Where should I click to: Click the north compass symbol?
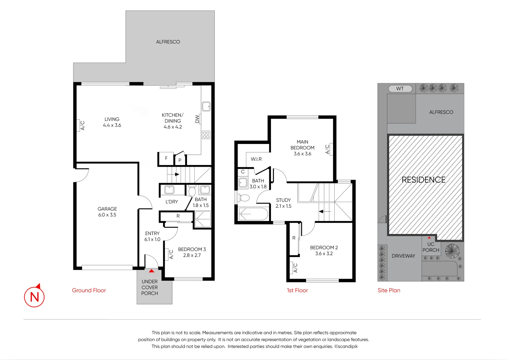[34, 296]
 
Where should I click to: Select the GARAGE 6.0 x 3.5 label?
[107, 212]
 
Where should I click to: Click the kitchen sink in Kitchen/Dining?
[206, 107]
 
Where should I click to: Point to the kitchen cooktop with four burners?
[206, 135]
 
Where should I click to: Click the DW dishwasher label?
[197, 119]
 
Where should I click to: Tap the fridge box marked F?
[166, 159]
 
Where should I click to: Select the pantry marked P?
[180, 160]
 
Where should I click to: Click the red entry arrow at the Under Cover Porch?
[152, 271]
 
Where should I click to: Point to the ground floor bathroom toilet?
[192, 191]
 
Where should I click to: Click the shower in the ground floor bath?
[203, 220]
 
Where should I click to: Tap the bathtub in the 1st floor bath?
[253, 214]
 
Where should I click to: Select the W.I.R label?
[256, 159]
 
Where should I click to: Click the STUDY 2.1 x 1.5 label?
[283, 203]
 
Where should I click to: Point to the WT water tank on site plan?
[400, 89]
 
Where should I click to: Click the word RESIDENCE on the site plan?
[423, 180]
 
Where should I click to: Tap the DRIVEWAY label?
[403, 256]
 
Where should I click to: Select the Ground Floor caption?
[89, 290]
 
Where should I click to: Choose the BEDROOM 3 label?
[192, 252]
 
